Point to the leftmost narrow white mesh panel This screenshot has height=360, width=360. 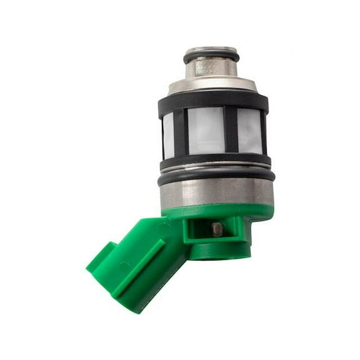pyautogui.click(x=168, y=134)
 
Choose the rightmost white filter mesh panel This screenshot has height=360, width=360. pyautogui.click(x=249, y=131)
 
